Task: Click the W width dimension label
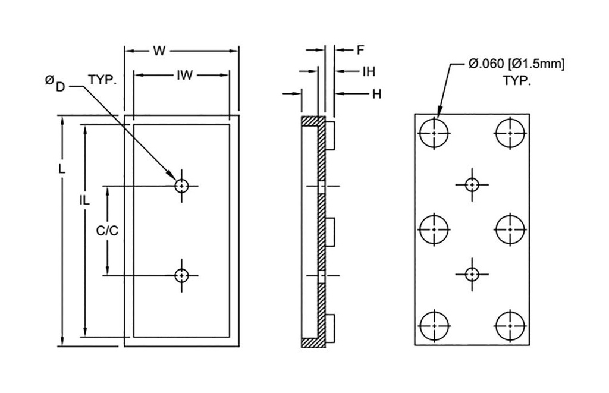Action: click(x=158, y=51)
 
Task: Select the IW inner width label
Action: click(x=183, y=75)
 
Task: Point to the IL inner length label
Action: click(x=84, y=201)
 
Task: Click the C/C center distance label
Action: click(x=107, y=231)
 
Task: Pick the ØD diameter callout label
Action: click(x=55, y=84)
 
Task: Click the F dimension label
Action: click(x=360, y=51)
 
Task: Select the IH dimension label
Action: click(x=369, y=72)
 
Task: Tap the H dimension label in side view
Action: click(x=376, y=94)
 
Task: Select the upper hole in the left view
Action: click(x=181, y=186)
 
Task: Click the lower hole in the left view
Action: click(x=181, y=275)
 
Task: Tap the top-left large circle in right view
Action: click(x=435, y=133)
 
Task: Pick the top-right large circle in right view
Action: click(x=510, y=133)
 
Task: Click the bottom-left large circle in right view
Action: click(x=435, y=325)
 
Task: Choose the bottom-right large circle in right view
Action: click(x=510, y=325)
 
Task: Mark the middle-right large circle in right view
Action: click(x=510, y=228)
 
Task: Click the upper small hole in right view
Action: click(x=472, y=185)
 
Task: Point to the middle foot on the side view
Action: click(x=331, y=231)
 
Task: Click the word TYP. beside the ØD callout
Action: click(x=103, y=80)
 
